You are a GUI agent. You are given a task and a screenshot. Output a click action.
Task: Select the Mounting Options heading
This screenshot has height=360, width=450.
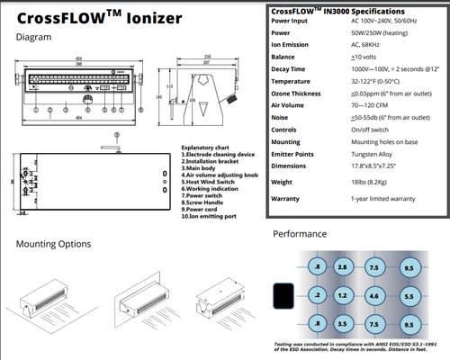coord(53,244)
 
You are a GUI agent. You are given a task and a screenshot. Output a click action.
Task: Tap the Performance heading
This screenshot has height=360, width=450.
coord(303,234)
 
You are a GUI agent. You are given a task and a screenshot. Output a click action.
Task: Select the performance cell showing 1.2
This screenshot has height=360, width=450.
coord(342,294)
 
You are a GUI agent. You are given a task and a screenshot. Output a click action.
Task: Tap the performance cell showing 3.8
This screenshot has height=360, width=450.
coord(342,268)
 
